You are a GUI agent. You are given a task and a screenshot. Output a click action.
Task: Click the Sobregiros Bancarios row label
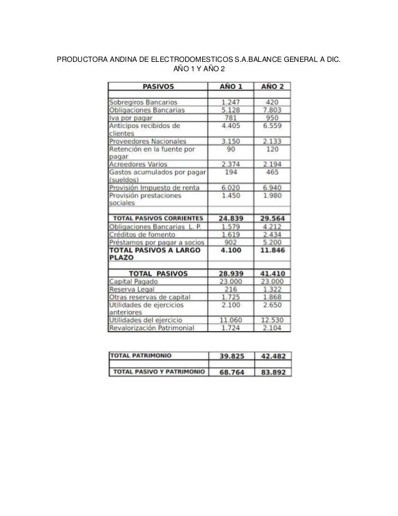[143, 102]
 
